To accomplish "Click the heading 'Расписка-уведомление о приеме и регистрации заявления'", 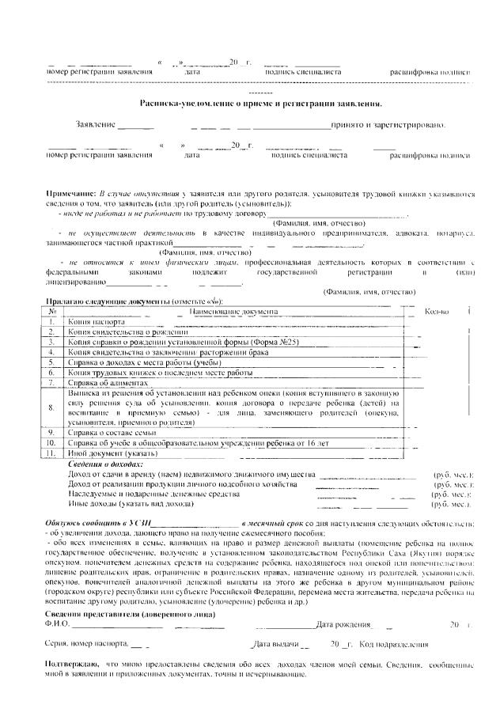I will click(260, 104).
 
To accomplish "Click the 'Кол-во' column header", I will click(437, 312).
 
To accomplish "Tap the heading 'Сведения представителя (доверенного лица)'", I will click(131, 593).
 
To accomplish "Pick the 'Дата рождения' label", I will click(343, 603).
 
